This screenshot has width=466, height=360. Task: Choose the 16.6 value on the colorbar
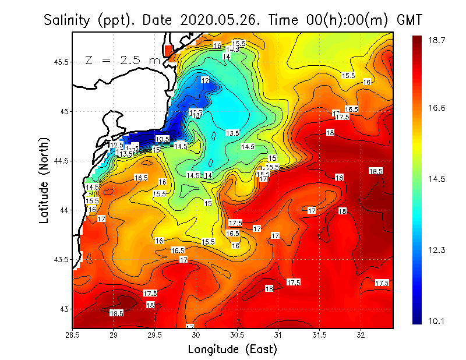(x=438, y=108)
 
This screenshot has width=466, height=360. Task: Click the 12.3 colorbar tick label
(x=438, y=250)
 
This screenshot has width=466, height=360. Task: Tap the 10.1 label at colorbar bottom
(x=438, y=322)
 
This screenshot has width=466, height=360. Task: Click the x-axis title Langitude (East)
(x=232, y=350)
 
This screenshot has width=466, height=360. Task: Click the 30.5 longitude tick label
(x=237, y=336)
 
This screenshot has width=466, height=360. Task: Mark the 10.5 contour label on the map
(x=163, y=139)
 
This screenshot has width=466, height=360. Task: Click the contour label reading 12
(x=205, y=80)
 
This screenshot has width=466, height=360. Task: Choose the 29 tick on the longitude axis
(x=114, y=336)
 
